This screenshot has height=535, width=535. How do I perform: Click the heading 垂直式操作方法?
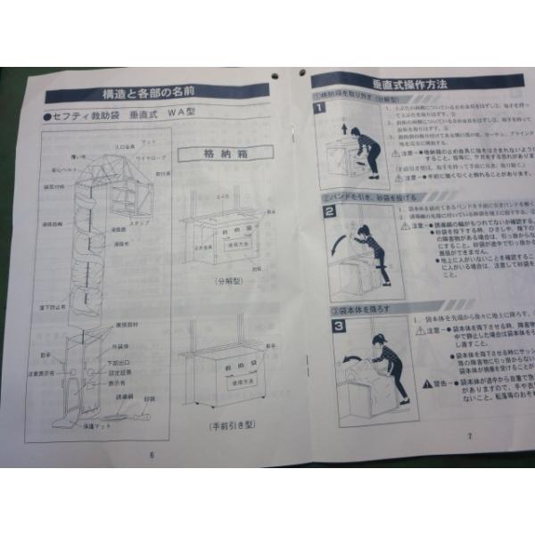pos(409,83)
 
